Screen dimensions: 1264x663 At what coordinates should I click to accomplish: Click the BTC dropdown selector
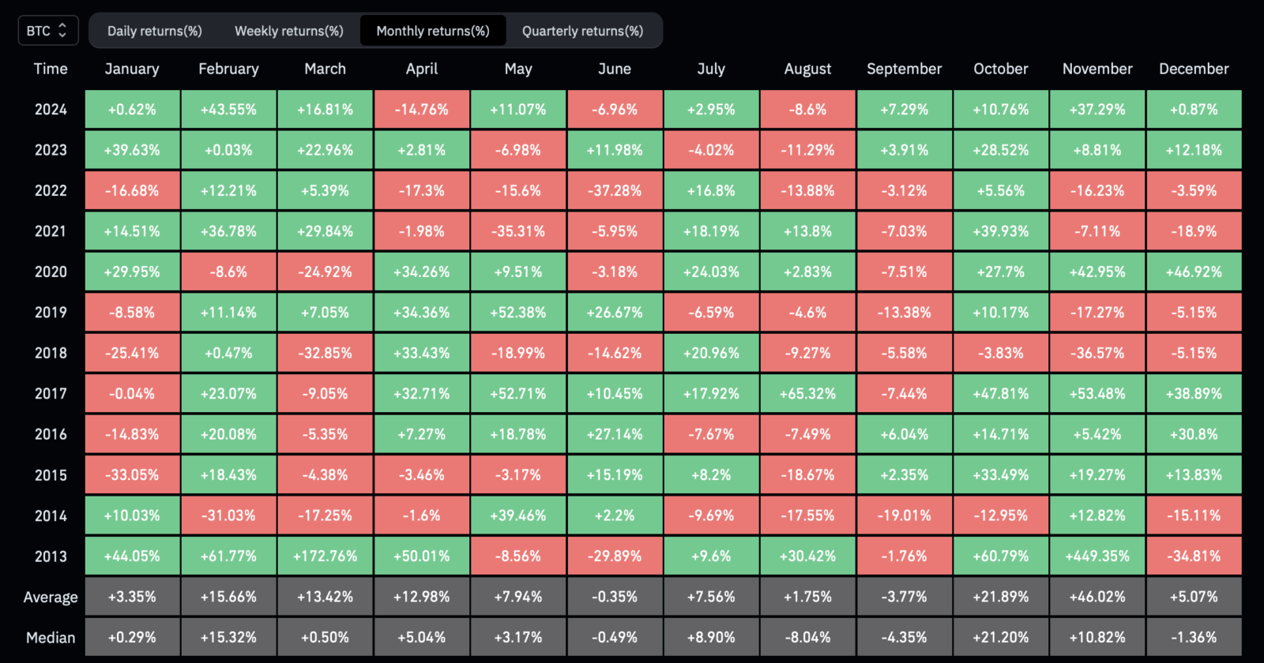point(48,31)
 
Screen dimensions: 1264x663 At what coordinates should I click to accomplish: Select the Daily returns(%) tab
point(155,31)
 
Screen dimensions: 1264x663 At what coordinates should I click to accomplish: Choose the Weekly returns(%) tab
point(289,31)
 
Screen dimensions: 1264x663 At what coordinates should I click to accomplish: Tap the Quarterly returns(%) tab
point(582,31)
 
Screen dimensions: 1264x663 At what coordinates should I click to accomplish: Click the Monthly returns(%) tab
point(433,31)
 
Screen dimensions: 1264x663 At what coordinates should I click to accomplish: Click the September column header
point(904,69)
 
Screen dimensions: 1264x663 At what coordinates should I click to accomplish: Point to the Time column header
point(51,69)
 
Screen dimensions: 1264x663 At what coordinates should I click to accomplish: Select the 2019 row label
point(51,313)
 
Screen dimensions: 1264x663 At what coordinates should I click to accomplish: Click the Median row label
point(51,638)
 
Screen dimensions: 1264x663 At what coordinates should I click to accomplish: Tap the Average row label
point(51,597)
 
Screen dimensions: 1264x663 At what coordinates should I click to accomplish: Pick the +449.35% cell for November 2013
point(1097,556)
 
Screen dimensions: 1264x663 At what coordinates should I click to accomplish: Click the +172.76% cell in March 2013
point(325,556)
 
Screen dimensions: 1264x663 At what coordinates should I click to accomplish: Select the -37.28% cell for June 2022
point(615,190)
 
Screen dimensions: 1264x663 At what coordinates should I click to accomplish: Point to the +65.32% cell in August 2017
point(807,394)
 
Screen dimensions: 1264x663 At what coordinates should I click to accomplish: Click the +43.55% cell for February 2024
point(228,110)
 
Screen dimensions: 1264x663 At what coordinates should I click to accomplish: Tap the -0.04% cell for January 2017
point(132,394)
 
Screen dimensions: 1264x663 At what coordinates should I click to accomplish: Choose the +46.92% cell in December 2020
point(1194,272)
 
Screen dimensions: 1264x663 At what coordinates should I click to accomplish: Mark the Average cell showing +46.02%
point(1097,597)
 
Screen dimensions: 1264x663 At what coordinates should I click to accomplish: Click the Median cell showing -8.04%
point(807,637)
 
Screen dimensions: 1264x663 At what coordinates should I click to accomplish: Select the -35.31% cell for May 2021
point(518,231)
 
